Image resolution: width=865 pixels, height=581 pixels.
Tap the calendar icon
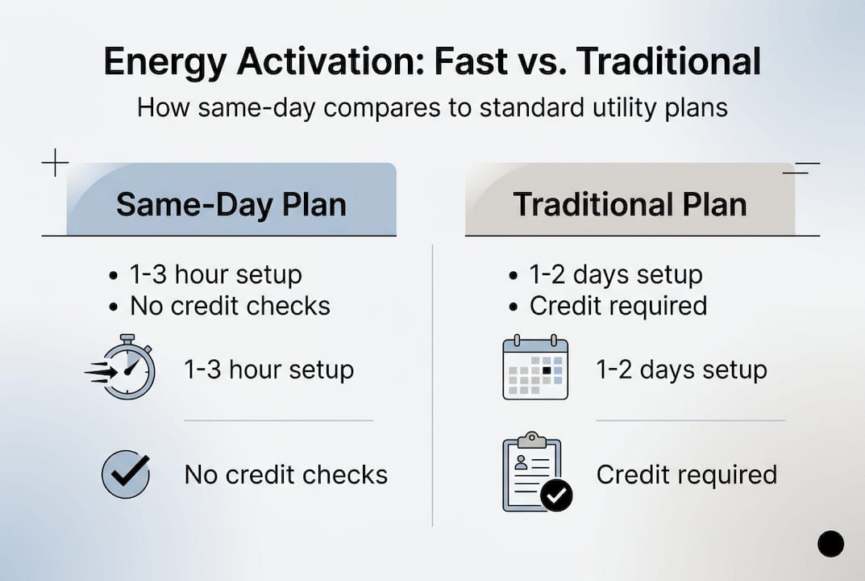[535, 368]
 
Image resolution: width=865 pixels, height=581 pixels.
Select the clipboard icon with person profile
[534, 474]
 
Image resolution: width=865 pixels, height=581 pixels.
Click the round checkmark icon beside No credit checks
[126, 474]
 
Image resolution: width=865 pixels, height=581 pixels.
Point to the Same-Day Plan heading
[231, 203]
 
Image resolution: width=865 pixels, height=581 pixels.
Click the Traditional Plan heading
[630, 203]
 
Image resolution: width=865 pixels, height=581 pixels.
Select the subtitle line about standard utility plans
[432, 107]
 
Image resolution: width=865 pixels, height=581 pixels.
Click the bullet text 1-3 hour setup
[215, 274]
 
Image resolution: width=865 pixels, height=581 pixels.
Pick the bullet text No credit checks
[230, 306]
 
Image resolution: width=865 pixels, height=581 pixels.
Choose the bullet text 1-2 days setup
[615, 274]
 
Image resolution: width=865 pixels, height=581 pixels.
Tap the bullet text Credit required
[618, 306]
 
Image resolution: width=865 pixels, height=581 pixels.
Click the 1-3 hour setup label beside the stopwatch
[268, 370]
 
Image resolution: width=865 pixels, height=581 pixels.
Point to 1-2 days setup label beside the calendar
[681, 370]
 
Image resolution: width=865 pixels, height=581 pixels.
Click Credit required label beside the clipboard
[686, 474]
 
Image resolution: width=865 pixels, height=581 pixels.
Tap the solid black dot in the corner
[830, 544]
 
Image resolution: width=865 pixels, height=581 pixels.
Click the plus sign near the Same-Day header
[54, 164]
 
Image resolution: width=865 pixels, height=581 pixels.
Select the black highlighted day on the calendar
[547, 370]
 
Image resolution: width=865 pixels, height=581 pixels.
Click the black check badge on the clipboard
[556, 495]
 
